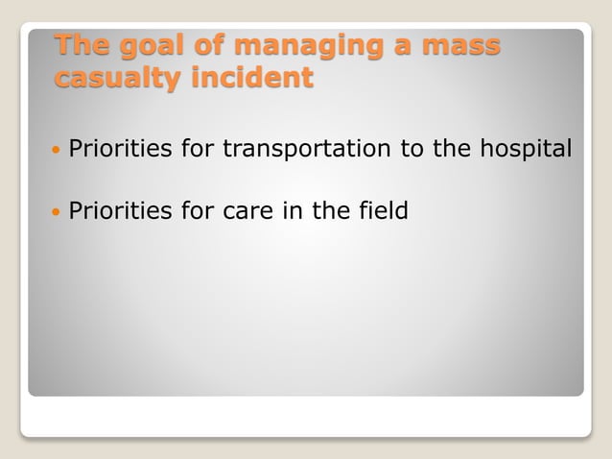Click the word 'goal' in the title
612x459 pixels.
click(144, 46)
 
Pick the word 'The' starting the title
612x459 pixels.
click(80, 46)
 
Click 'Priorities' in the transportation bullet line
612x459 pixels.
click(120, 150)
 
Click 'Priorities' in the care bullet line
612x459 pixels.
click(120, 208)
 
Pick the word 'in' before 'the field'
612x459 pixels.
click(294, 208)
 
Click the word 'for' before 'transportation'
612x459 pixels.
click(199, 150)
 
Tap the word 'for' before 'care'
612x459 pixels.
click(199, 208)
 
